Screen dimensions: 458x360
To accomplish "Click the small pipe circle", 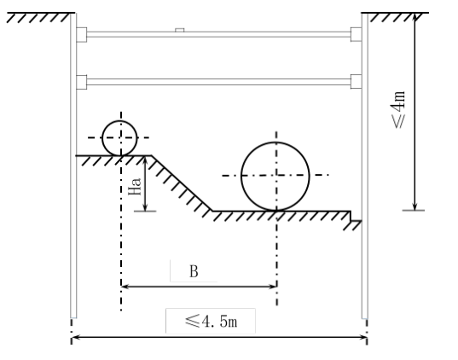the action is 102,138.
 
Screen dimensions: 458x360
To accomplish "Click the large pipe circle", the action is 241,177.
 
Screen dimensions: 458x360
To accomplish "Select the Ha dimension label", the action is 135,187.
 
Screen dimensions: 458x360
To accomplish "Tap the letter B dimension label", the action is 194,271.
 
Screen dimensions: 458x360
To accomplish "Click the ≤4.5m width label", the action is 211,321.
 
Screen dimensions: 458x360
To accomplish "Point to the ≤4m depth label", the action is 398,109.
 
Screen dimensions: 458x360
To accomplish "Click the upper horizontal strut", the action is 218,34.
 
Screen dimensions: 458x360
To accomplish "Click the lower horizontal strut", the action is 218,82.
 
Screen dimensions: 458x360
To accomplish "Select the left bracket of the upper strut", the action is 82,35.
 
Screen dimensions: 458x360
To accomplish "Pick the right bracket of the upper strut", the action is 356,34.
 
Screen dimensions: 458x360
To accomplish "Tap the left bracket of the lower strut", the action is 82,82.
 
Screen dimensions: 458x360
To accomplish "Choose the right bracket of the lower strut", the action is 356,82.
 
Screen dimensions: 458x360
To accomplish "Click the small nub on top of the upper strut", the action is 180,30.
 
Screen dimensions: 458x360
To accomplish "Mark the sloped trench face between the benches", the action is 182,183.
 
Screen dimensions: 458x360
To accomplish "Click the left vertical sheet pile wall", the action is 73,165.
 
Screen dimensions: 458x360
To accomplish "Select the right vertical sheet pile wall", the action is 365,165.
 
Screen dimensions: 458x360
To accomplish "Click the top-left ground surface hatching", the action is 40,17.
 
